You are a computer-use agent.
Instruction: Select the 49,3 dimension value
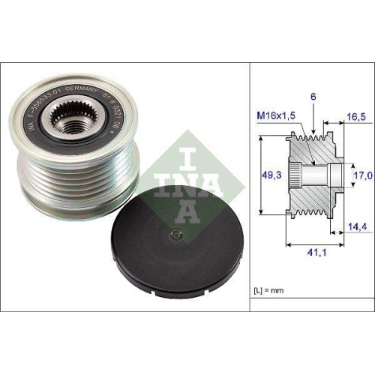tap(267, 174)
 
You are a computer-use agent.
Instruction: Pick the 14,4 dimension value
tap(355, 226)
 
